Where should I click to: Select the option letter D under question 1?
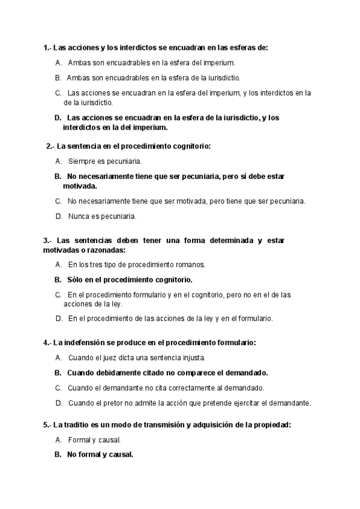click(x=58, y=118)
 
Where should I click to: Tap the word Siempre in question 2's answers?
click(x=81, y=161)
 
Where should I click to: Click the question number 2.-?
click(x=50, y=146)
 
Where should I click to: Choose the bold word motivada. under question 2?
click(x=80, y=186)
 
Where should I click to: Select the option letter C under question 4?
click(x=58, y=388)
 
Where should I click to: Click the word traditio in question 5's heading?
click(x=78, y=425)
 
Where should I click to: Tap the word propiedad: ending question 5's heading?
click(x=269, y=425)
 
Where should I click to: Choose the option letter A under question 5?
click(x=58, y=440)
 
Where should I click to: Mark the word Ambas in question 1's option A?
click(x=80, y=62)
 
